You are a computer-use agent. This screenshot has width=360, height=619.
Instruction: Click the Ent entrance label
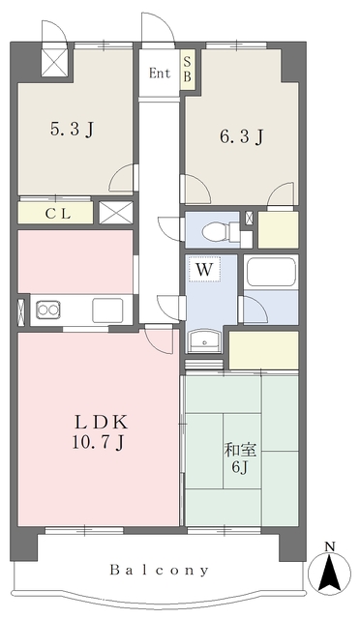coord(160,74)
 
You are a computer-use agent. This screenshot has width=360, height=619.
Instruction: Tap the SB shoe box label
coord(188,69)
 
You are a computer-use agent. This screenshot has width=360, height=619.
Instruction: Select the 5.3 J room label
coord(73,130)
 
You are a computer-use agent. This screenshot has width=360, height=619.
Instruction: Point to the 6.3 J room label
coord(241,137)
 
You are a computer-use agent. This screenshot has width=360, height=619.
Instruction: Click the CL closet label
coord(58,214)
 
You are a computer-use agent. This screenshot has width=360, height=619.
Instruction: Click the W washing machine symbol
coord(205,269)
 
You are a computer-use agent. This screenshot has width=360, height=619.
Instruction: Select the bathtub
coord(271,272)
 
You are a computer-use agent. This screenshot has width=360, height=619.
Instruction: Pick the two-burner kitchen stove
coord(48,309)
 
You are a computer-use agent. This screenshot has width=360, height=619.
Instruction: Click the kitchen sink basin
coord(107,310)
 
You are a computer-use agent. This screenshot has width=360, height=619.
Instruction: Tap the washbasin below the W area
coord(203,340)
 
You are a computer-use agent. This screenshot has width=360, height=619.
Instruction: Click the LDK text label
coord(102,423)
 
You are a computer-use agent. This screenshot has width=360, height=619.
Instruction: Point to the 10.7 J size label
coord(99,443)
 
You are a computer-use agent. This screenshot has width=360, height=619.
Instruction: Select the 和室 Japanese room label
coord(241,450)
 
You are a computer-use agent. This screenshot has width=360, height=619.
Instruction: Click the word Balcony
coord(160,570)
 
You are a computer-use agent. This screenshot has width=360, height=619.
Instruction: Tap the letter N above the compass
coord(329,546)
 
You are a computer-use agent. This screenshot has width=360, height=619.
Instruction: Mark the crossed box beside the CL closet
coord(115,213)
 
